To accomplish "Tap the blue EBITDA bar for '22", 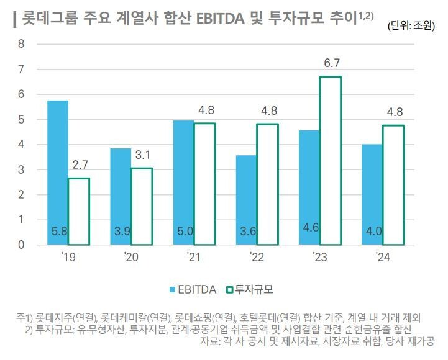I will [246, 200].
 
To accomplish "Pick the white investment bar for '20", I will [142, 206].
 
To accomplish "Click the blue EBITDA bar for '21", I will [183, 182].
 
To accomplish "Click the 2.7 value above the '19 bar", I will [79, 166].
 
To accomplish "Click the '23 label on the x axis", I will [320, 257].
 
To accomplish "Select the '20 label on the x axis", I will [131, 257].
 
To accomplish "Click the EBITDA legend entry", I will [193, 289].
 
